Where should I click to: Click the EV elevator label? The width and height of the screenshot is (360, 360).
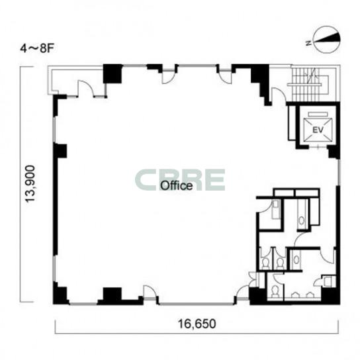tap(318, 130)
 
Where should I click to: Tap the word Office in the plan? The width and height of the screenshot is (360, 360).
tap(176, 185)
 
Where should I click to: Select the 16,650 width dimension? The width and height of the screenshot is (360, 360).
tap(197, 324)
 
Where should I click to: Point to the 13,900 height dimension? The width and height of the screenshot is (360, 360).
tap(30, 184)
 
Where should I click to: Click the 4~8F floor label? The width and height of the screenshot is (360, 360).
tap(37, 49)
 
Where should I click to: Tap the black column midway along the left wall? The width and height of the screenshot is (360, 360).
tap(60, 151)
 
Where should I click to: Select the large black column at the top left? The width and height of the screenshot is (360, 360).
tap(112, 73)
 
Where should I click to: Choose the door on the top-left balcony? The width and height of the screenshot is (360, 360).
tap(85, 89)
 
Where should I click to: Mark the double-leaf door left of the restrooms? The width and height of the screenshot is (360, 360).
tap(253, 279)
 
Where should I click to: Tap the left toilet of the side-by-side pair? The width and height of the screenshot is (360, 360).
tap(265, 263)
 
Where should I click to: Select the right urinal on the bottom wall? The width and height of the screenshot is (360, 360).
tap(310, 294)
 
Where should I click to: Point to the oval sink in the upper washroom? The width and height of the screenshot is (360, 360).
tap(302, 220)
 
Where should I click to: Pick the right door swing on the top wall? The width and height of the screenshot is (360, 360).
tap(225, 77)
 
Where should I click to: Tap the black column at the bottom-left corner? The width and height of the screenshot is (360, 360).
tap(60, 294)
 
